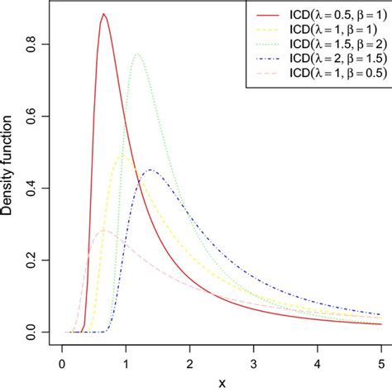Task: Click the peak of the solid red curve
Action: pyautogui.click(x=103, y=14)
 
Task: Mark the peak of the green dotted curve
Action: pyautogui.click(x=137, y=54)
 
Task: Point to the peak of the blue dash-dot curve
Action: pyautogui.click(x=151, y=170)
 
